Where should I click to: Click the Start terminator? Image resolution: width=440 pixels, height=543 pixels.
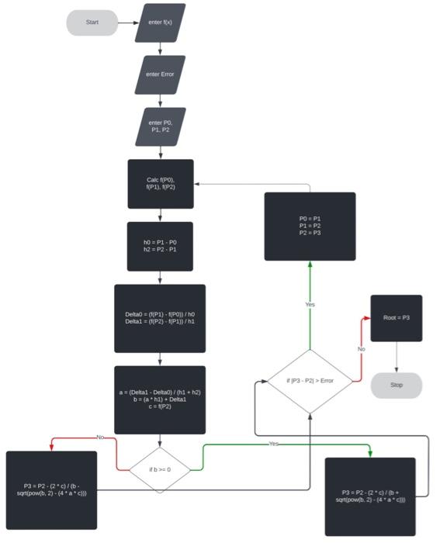click(92, 22)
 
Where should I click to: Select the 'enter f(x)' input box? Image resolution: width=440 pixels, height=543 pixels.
click(160, 22)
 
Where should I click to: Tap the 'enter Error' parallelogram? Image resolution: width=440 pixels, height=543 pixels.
click(160, 74)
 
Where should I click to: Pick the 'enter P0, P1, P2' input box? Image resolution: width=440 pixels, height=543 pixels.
click(160, 126)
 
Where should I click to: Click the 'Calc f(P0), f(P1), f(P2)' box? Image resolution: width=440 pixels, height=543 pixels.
click(160, 184)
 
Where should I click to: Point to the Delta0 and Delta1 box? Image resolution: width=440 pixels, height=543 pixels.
click(160, 319)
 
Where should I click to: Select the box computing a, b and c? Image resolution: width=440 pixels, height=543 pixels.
click(160, 399)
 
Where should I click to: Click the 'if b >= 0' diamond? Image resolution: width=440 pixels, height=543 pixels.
click(160, 469)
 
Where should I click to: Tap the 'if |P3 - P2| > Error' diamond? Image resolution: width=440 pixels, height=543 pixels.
click(310, 381)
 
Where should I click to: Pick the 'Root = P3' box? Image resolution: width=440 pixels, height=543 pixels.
click(396, 317)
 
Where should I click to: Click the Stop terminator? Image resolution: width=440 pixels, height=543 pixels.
click(396, 385)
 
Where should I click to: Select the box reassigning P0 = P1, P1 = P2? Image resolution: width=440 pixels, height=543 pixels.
click(310, 226)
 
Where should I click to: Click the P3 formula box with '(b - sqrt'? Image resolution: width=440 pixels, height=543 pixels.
click(51, 490)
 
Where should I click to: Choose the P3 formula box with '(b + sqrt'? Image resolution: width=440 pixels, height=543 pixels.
click(370, 496)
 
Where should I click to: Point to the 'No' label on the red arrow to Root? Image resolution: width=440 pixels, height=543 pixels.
click(362, 350)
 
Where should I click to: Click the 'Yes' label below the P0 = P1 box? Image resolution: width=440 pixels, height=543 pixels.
click(310, 305)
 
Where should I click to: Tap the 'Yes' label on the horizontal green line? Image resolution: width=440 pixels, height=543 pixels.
click(274, 444)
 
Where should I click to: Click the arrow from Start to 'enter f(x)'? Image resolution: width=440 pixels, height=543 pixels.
click(127, 22)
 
